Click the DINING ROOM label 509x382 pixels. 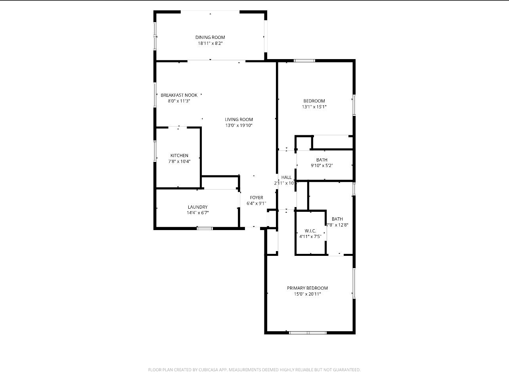click(x=210, y=37)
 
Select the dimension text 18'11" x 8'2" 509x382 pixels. click(x=210, y=43)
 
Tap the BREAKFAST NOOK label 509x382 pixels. click(x=179, y=95)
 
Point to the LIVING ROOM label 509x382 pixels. click(x=239, y=119)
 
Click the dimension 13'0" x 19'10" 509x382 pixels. click(x=239, y=125)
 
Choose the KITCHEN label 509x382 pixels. click(x=179, y=155)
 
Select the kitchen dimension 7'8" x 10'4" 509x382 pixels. click(x=179, y=161)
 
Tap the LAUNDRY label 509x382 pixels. click(x=197, y=207)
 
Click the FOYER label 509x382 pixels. click(x=256, y=198)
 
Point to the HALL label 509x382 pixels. click(x=286, y=177)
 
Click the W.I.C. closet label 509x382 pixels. click(x=310, y=231)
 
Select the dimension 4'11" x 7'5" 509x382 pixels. click(x=310, y=237)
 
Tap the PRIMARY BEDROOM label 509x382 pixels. click(x=307, y=288)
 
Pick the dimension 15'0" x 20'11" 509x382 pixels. click(x=307, y=294)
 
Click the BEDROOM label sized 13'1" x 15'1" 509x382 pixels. click(x=314, y=101)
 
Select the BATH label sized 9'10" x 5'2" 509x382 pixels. click(x=321, y=160)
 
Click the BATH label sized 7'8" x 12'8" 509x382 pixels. click(x=337, y=219)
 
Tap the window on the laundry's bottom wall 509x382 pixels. click(x=205, y=228)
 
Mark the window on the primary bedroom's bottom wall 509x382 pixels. click(x=308, y=332)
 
